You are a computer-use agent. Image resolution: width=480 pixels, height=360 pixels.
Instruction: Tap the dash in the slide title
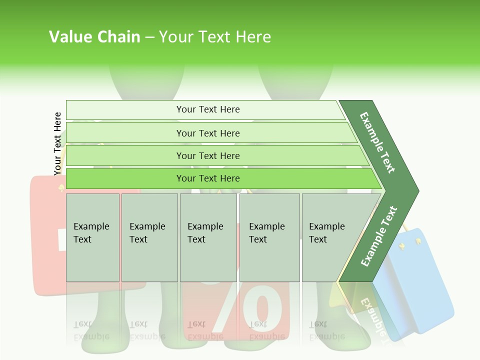point(150,37)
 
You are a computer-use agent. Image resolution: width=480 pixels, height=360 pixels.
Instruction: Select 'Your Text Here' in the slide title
point(215,37)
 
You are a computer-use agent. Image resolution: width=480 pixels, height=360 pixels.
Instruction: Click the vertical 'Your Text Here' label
point(57,143)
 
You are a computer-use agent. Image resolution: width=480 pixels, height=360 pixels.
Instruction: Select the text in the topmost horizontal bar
point(208,109)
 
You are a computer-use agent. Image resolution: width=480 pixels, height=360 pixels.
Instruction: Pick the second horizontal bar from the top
point(208,133)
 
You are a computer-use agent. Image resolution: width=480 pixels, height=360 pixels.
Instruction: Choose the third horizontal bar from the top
point(208,156)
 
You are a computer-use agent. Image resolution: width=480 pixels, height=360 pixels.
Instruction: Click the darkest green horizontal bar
point(208,178)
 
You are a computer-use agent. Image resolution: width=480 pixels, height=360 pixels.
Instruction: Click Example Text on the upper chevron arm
point(378,142)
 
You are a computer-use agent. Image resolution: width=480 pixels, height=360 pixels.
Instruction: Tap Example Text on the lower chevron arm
point(379,236)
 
